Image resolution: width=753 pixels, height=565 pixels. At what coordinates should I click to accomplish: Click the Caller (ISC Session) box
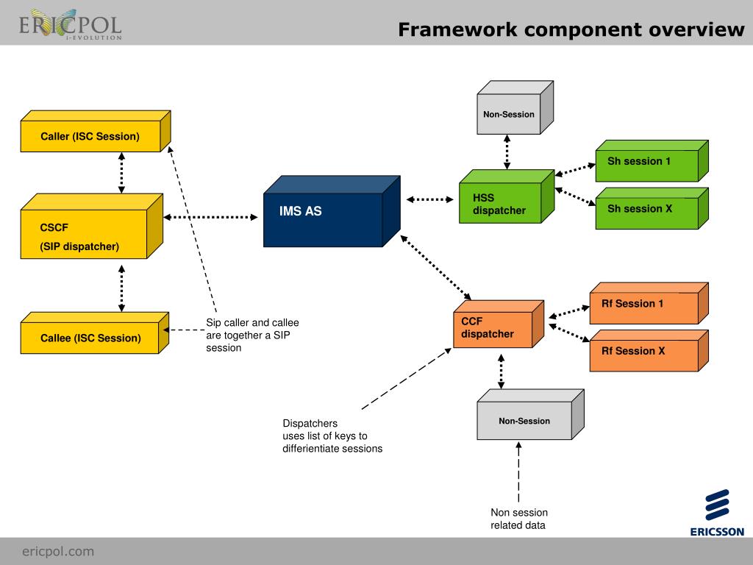pyautogui.click(x=90, y=137)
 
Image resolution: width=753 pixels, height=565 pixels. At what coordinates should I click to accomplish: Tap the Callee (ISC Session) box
pyautogui.click(x=90, y=338)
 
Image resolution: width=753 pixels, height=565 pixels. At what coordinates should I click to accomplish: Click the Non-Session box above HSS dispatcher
pyautogui.click(x=509, y=114)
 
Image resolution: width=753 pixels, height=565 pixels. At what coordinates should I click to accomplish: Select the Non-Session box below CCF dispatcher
pyautogui.click(x=524, y=421)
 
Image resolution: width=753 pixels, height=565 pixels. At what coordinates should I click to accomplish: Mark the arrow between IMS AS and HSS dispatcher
pyautogui.click(x=430, y=199)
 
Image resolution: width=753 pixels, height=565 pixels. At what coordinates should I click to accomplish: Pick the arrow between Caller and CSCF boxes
pyautogui.click(x=121, y=173)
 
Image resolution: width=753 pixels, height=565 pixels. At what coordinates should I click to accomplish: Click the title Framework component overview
pyautogui.click(x=571, y=29)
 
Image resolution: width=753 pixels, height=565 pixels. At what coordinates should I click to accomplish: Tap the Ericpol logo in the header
pyautogui.click(x=70, y=26)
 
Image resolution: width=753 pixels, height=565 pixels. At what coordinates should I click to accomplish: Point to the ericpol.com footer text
pyautogui.click(x=58, y=551)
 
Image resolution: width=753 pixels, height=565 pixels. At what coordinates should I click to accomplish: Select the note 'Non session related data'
pyautogui.click(x=519, y=519)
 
